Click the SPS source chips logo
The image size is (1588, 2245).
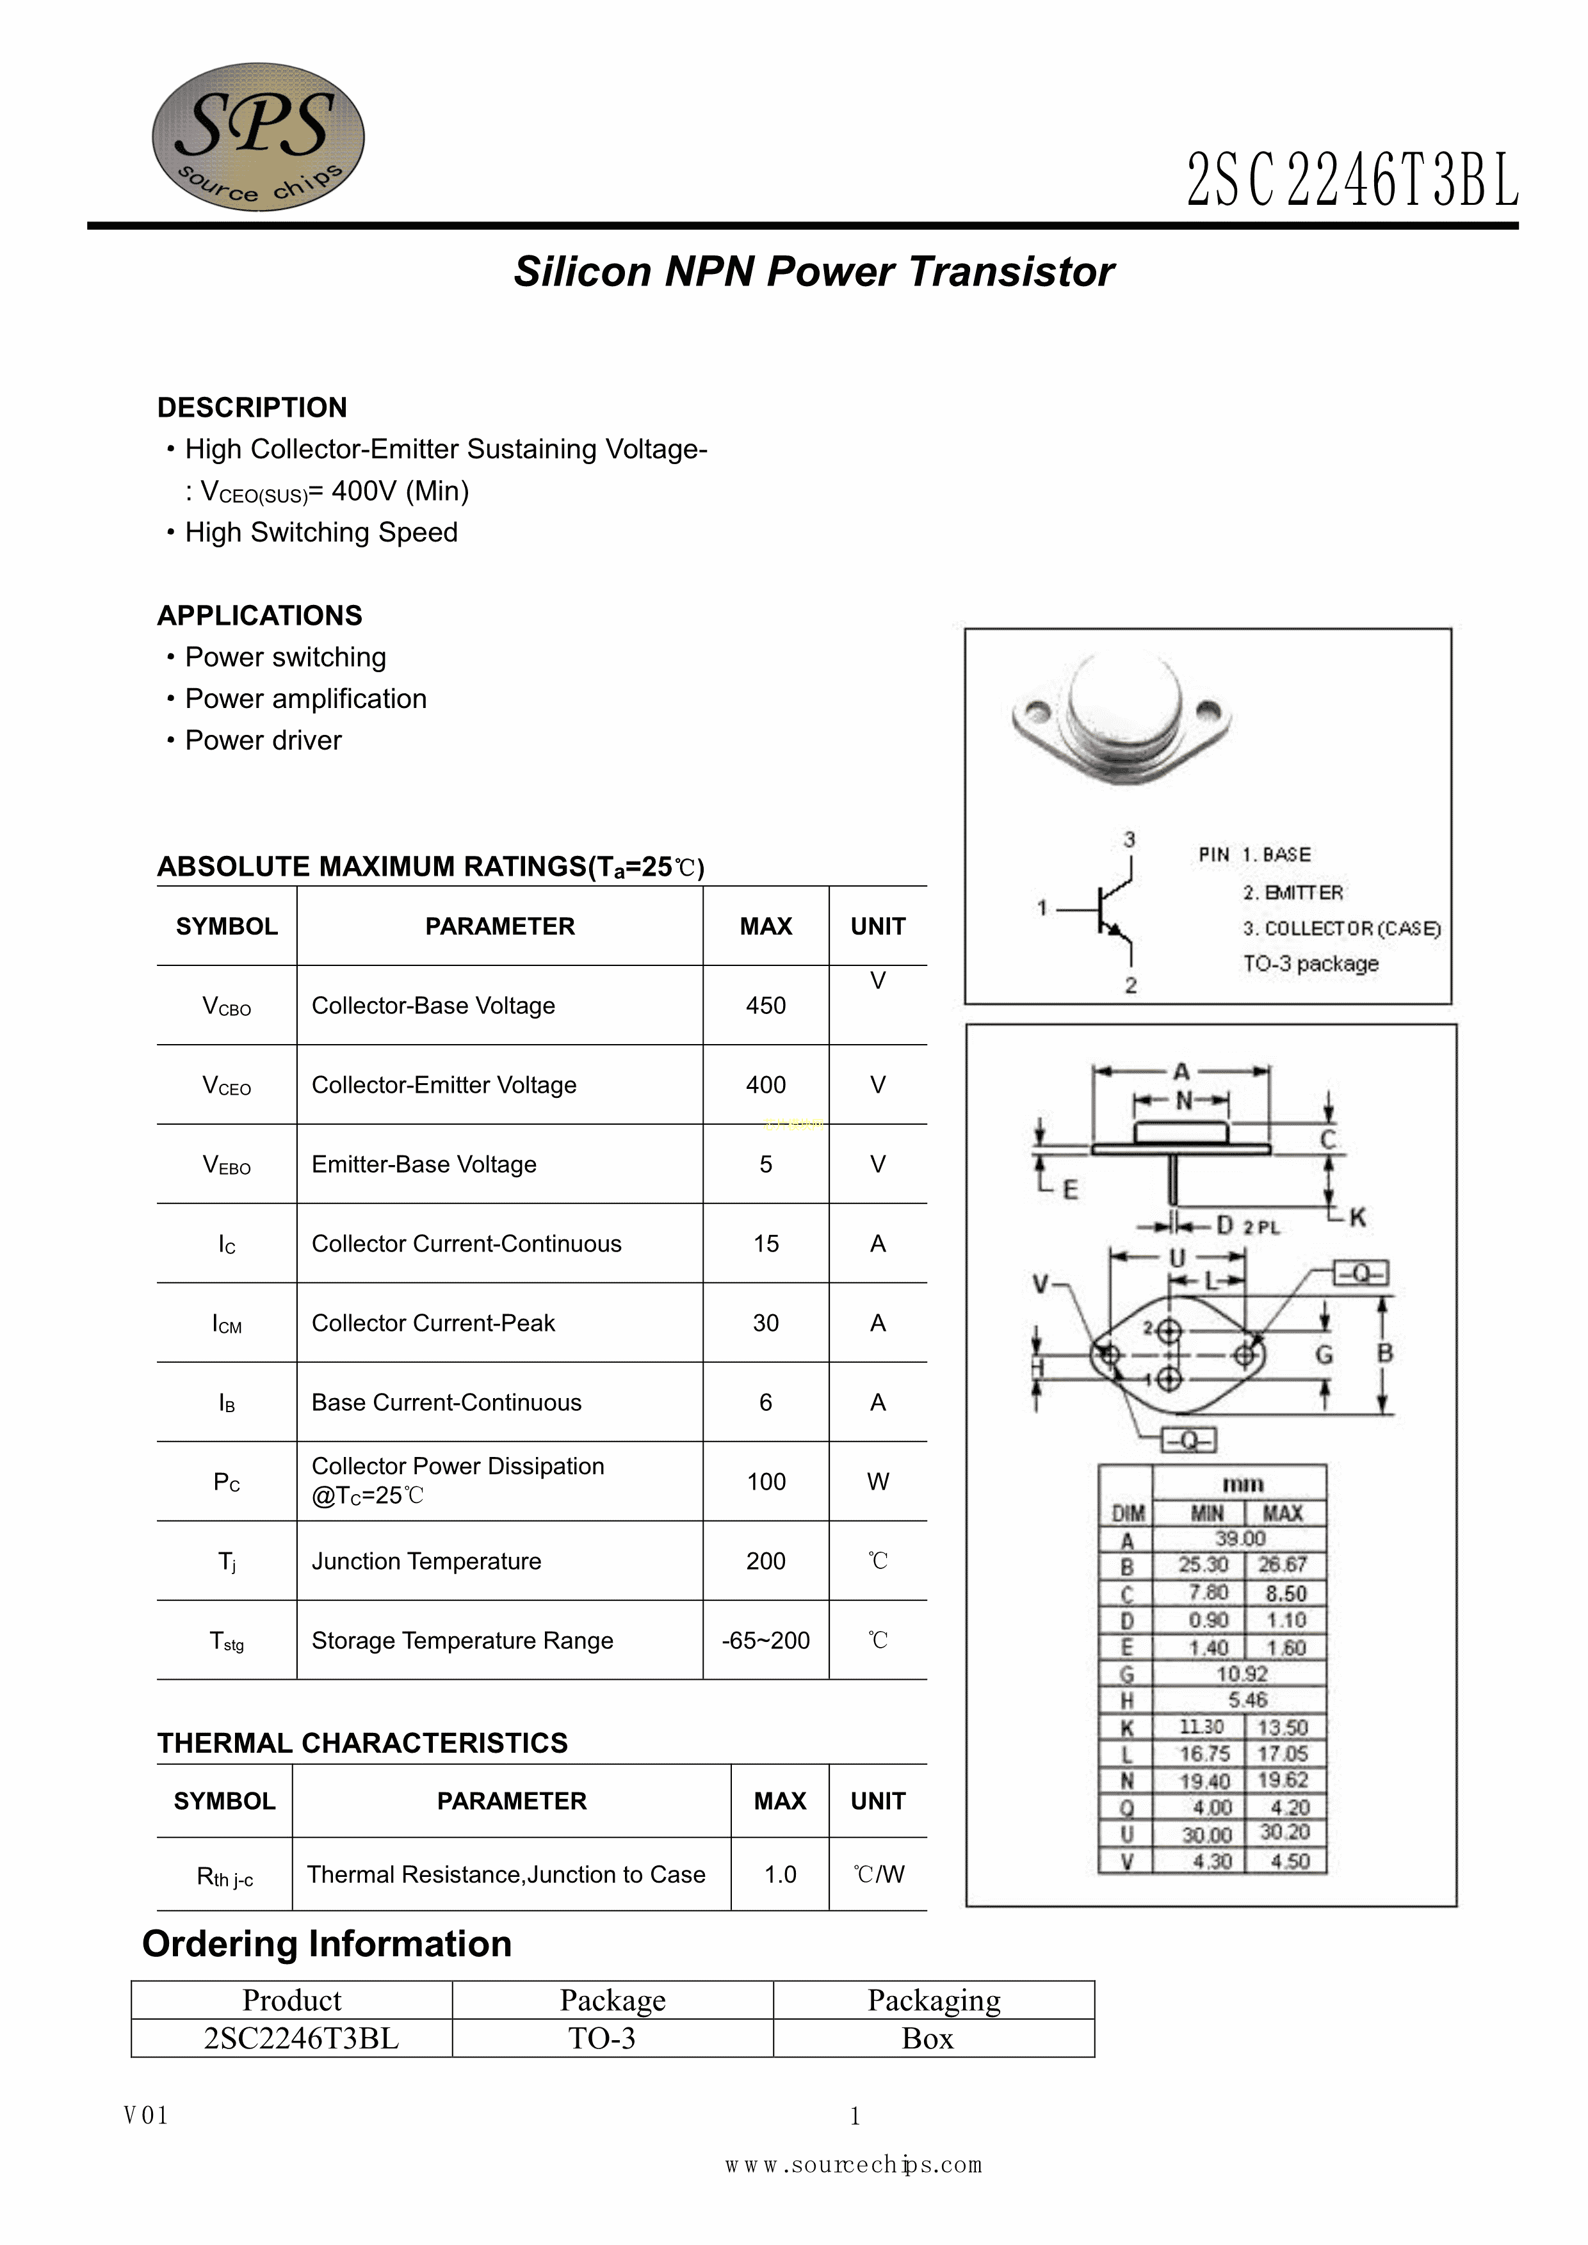258,137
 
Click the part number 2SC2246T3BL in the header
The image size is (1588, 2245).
1352,181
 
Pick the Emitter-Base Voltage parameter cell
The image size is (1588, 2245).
425,1164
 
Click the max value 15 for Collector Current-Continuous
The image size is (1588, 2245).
766,1244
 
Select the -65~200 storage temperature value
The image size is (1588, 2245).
766,1640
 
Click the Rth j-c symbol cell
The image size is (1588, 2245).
225,1876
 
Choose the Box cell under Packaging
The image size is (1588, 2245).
927,2039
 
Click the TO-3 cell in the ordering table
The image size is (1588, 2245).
603,2039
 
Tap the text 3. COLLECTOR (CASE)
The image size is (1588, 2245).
1341,928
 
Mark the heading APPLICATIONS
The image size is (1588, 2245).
260,615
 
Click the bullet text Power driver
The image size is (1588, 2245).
263,740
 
